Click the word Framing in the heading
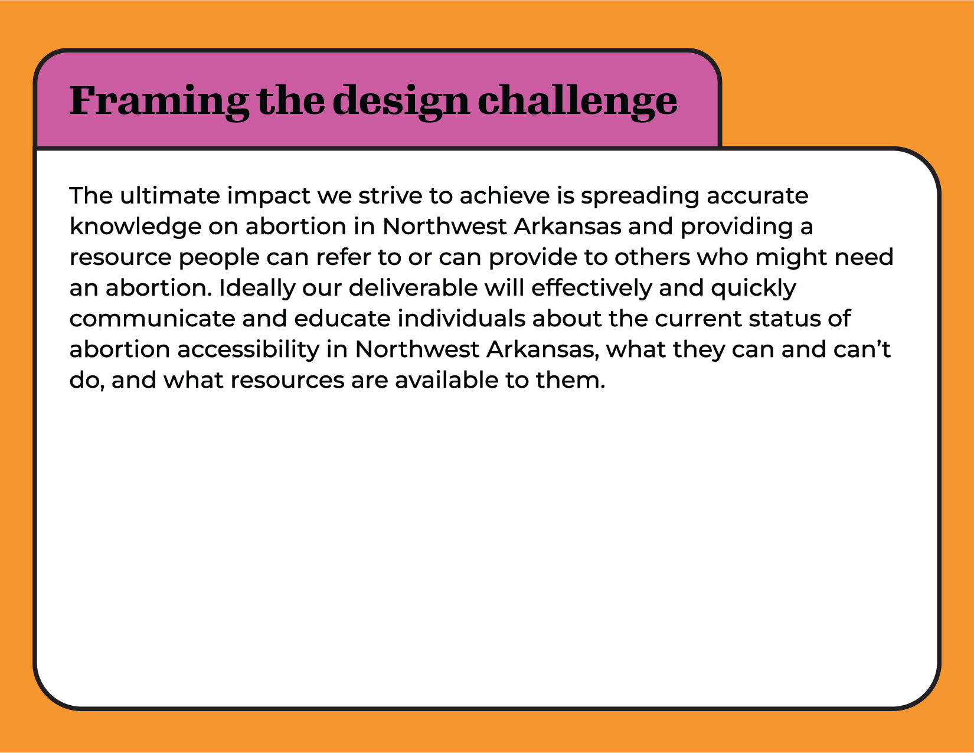[x=159, y=102]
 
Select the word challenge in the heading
[x=577, y=102]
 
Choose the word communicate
[x=152, y=319]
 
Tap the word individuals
[x=461, y=319]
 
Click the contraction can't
[x=862, y=349]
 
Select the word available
[x=446, y=380]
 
